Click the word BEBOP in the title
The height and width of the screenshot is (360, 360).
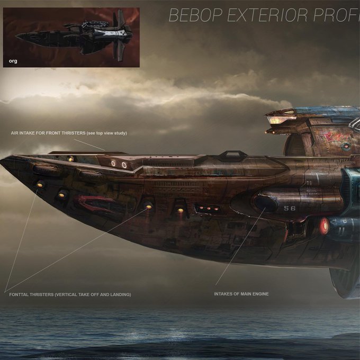pyautogui.click(x=195, y=16)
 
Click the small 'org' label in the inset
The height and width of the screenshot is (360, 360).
pyautogui.click(x=13, y=61)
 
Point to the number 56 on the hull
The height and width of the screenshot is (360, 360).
pyautogui.click(x=290, y=209)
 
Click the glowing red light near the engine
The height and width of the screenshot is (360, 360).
pyautogui.click(x=324, y=226)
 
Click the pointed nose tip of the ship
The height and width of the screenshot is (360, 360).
pyautogui.click(x=3, y=161)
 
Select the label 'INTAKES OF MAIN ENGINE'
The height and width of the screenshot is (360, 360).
pyautogui.click(x=241, y=294)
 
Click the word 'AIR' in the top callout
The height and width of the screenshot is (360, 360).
pyautogui.click(x=15, y=133)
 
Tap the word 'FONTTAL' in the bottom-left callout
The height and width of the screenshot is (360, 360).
pyautogui.click(x=21, y=294)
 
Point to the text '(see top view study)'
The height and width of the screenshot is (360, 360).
pyautogui.click(x=106, y=133)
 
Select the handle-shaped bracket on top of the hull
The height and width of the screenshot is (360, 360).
pyautogui.click(x=232, y=155)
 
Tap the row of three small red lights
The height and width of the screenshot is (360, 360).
pyautogui.click(x=209, y=209)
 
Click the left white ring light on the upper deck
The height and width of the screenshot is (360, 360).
pyautogui.click(x=113, y=164)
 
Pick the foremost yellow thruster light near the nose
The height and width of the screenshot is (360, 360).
pyautogui.click(x=40, y=184)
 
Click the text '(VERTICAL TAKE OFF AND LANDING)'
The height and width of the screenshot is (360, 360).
pyautogui.click(x=93, y=294)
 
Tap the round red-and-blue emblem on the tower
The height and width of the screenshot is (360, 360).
pyautogui.click(x=346, y=146)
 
